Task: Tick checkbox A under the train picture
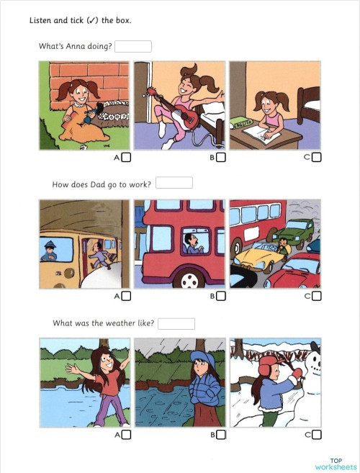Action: coord(127,296)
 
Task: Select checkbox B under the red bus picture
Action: coord(221,296)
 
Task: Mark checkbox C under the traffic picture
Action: coord(317,296)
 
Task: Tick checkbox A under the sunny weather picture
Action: coord(127,435)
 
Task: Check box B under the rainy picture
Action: coord(221,435)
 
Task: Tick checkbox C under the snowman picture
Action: coord(317,435)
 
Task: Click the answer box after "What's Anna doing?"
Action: coord(133,47)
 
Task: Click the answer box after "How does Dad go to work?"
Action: coord(174,184)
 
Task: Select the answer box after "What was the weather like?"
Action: coord(176,323)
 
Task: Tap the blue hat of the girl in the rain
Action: coord(199,358)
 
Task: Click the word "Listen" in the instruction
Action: coord(40,20)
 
